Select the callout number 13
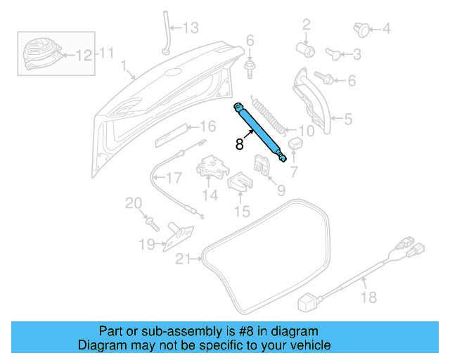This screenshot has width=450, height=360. click(x=192, y=28)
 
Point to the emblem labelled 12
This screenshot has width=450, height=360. click(x=39, y=51)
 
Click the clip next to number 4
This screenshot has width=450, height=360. click(x=360, y=29)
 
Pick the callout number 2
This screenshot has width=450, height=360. click(x=307, y=26)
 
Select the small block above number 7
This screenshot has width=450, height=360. click(x=295, y=145)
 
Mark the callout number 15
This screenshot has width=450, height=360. click(x=242, y=210)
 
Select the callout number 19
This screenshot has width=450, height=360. click(x=146, y=245)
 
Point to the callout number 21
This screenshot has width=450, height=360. click(x=184, y=259)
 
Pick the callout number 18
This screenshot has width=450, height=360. click(x=368, y=299)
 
